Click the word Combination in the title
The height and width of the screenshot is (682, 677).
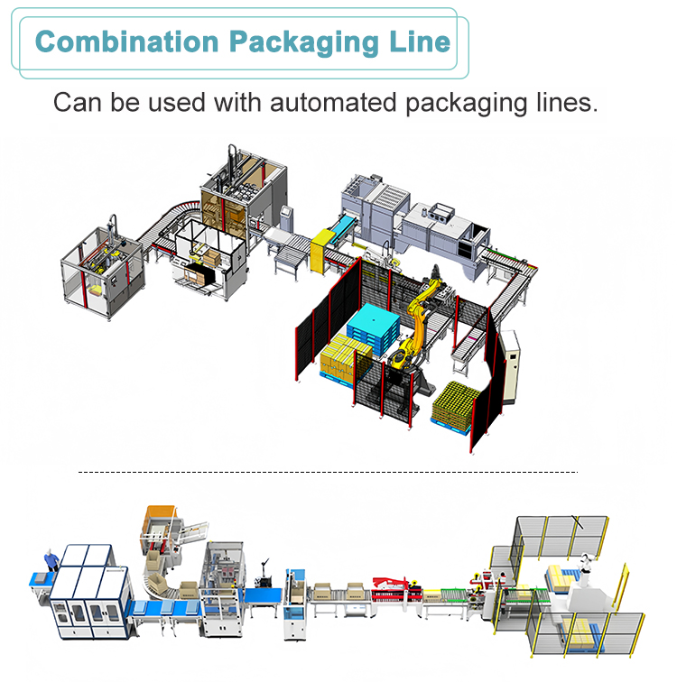pyautogui.click(x=126, y=41)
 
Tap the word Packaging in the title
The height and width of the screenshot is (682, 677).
pyautogui.click(x=304, y=43)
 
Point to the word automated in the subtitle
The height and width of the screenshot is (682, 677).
pyautogui.click(x=333, y=103)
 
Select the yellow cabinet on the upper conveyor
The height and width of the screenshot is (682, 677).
pyautogui.click(x=322, y=251)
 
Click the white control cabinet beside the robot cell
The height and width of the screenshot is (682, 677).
pyautogui.click(x=510, y=366)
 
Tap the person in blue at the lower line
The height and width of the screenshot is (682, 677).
pyautogui.click(x=51, y=560)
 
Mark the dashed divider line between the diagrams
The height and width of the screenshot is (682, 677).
pyautogui.click(x=328, y=472)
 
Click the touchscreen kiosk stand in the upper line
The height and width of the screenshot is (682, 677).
pyautogui.click(x=286, y=219)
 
